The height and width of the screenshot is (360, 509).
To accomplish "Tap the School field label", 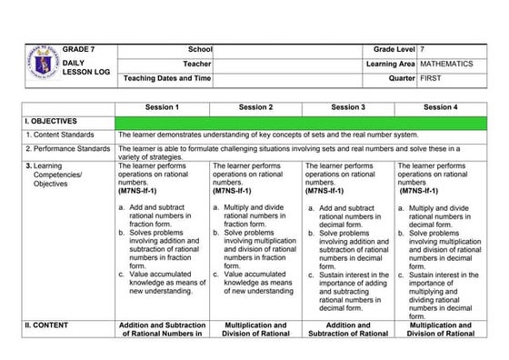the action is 200,47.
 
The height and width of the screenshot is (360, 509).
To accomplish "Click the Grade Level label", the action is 387,47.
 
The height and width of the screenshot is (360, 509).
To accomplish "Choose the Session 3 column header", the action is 348,107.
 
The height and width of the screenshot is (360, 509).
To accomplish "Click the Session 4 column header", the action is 441,107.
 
